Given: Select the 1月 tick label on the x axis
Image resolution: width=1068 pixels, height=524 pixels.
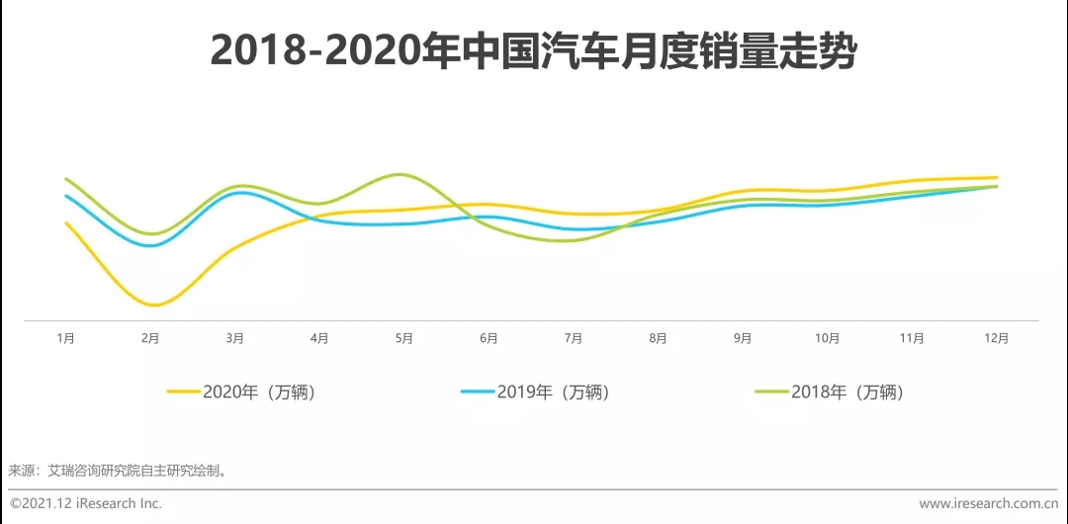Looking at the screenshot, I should [66, 338].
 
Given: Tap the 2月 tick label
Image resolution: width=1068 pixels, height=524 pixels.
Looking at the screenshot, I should [150, 338].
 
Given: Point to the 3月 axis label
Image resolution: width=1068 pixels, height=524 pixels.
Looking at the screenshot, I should [235, 338].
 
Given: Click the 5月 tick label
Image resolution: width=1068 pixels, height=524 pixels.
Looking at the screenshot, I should [404, 338].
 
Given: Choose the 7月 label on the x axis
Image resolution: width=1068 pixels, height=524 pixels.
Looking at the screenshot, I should [574, 338].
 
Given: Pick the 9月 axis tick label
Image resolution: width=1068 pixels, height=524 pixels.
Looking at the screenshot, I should [743, 338].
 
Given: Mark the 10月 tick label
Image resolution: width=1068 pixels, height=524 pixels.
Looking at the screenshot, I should [827, 338].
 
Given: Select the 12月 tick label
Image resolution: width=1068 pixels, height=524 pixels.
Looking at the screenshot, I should [997, 338].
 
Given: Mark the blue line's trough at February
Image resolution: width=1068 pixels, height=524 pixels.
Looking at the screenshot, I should [150, 245].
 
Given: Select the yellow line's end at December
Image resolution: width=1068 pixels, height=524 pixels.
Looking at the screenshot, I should [996, 178].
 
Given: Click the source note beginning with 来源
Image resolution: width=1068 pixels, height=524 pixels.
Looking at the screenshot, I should [119, 471].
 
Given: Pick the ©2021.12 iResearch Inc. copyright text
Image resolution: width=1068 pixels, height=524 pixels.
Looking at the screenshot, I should [86, 503].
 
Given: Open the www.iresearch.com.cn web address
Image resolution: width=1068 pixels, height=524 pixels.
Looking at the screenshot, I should [988, 503].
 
